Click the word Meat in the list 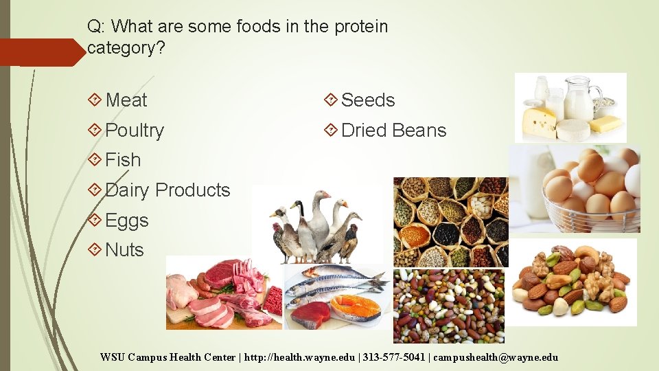point(126,100)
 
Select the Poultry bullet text point(135,131)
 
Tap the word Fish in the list point(123,160)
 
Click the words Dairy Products point(167,190)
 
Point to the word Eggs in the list point(127,221)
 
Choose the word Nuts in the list point(124,250)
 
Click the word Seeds point(368,100)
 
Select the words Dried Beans point(393,131)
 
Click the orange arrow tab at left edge point(41,52)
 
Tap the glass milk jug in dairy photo point(579,100)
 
